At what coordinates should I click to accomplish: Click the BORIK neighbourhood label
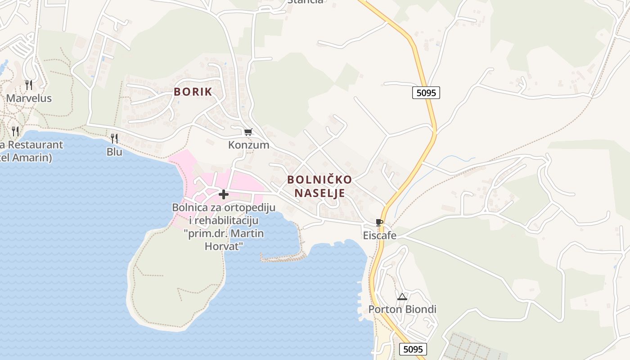[193, 92]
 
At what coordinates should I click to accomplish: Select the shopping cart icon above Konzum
[248, 132]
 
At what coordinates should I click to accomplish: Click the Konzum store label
[248, 145]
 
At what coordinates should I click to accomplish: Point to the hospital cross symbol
[223, 194]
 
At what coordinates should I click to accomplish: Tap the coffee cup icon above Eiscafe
[379, 222]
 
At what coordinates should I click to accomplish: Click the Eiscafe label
[380, 235]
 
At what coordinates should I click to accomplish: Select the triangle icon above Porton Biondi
[402, 297]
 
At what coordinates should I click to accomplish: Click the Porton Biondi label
[402, 310]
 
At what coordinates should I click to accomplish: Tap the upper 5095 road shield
[426, 93]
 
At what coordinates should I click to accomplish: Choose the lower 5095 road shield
[413, 349]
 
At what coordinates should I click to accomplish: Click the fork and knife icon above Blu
[114, 138]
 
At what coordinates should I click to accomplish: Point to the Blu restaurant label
[114, 152]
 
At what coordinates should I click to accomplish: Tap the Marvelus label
[29, 98]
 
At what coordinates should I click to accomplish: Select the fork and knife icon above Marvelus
[29, 85]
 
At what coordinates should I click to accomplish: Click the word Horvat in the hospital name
[224, 247]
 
